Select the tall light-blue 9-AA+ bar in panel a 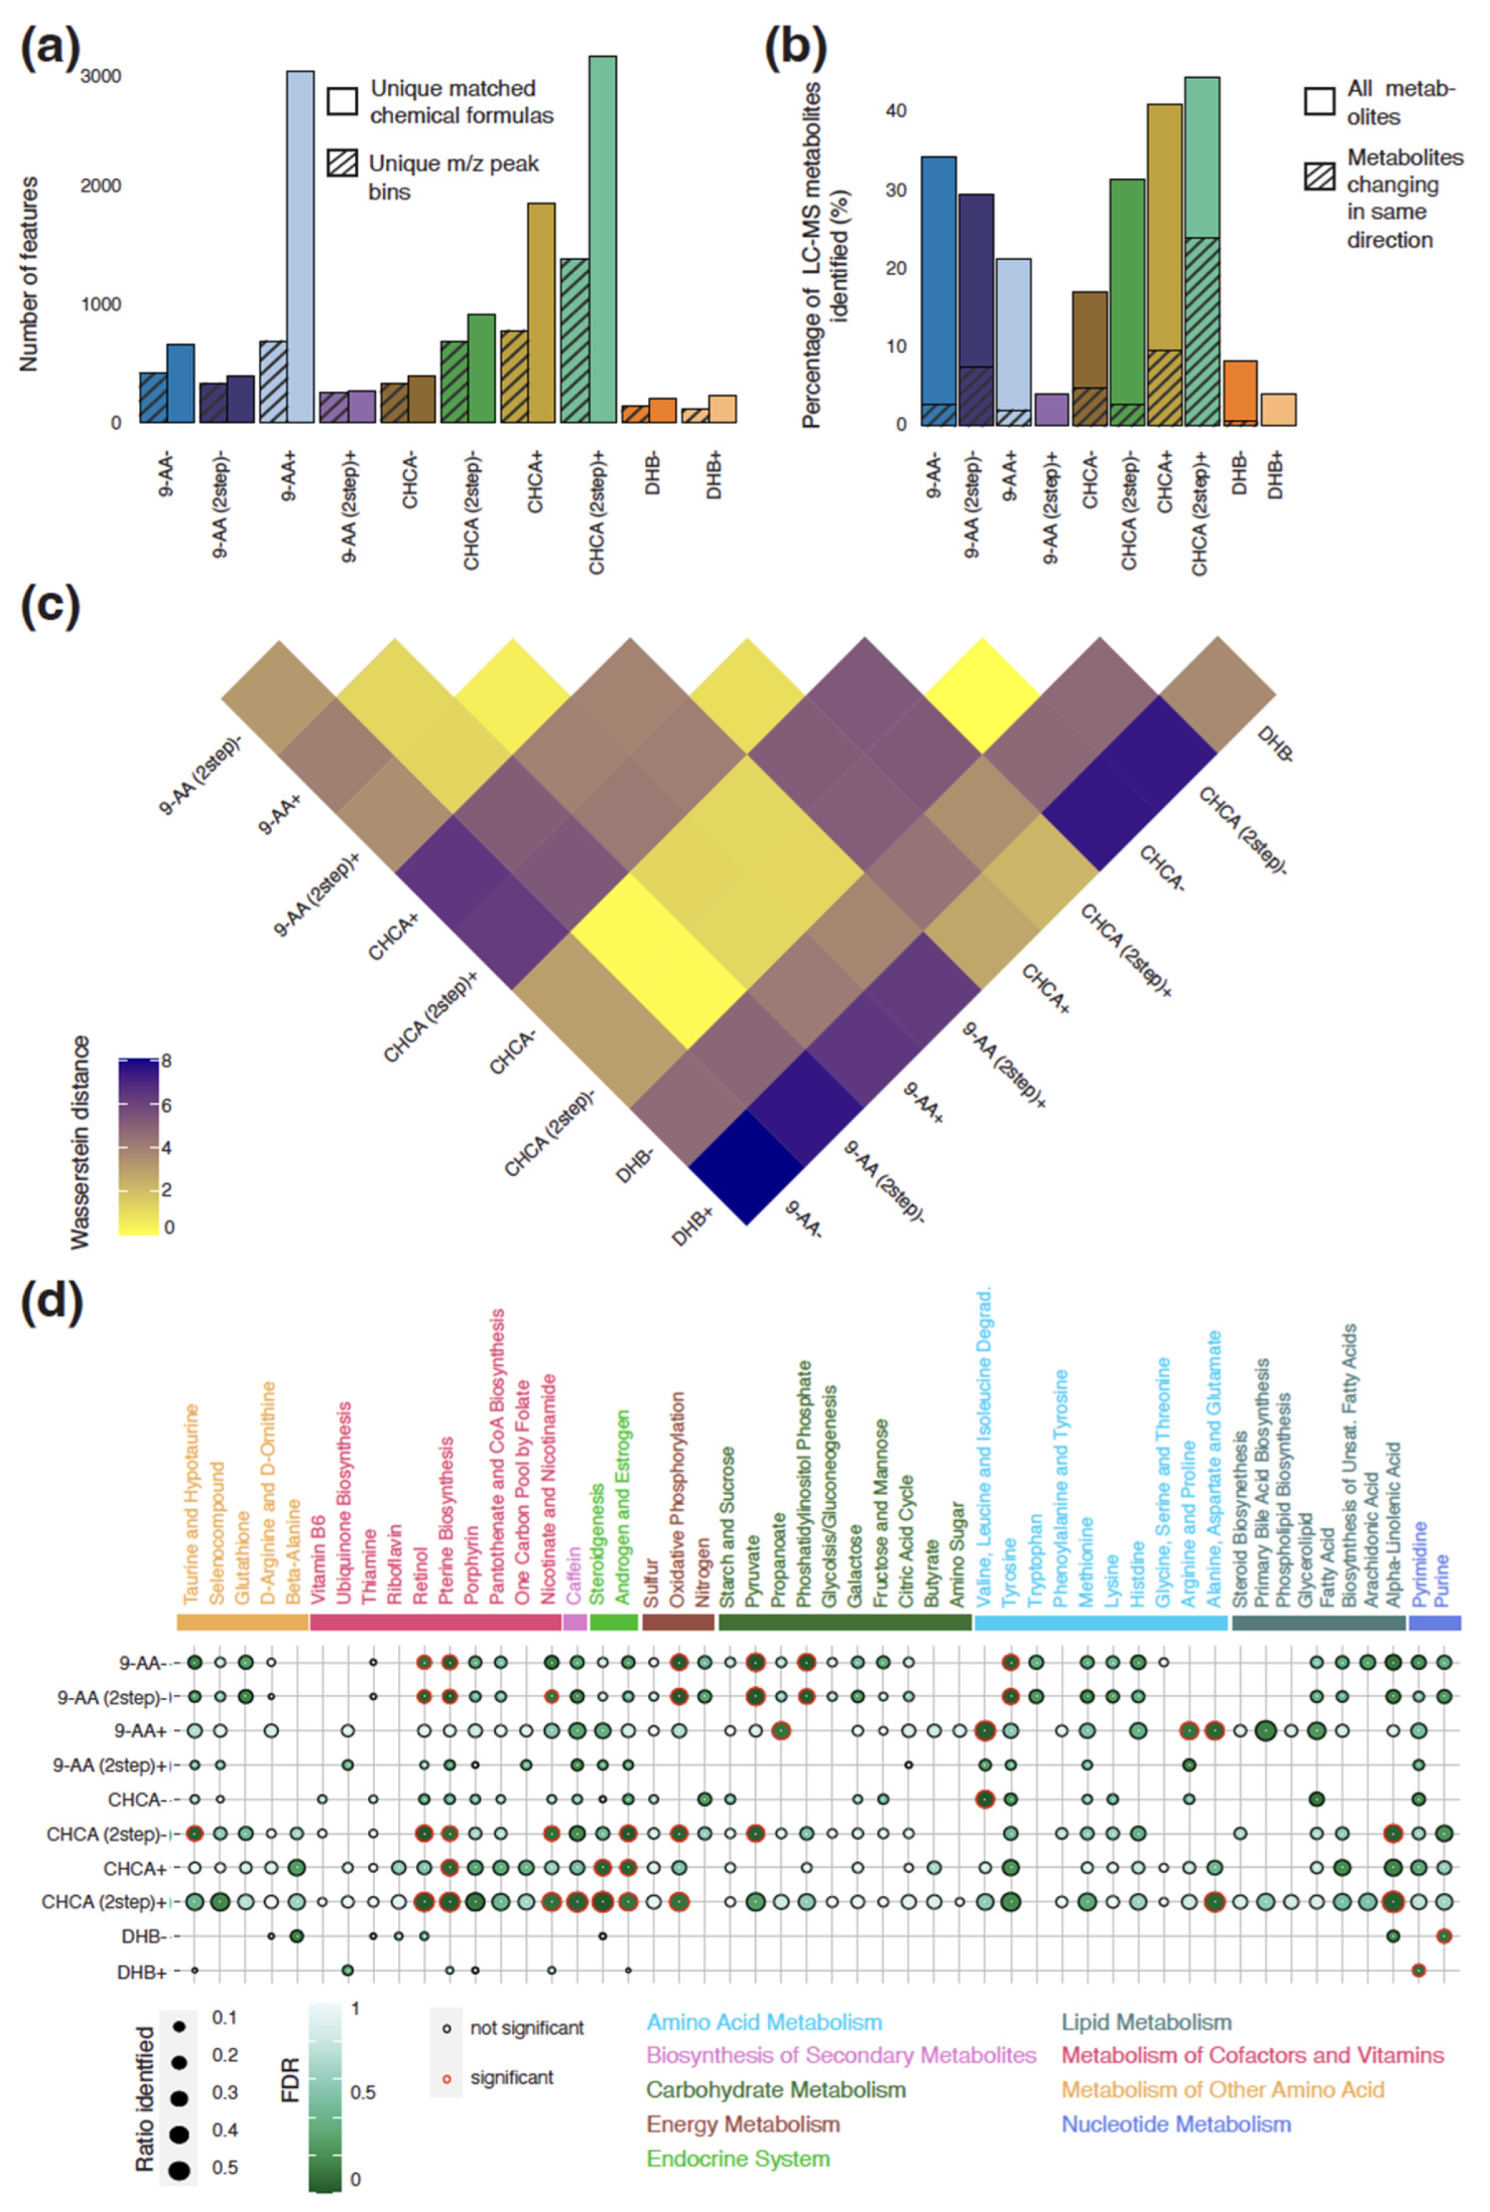click(300, 247)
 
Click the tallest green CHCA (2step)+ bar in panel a click(602, 238)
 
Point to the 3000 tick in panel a click(101, 76)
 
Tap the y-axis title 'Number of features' click(29, 274)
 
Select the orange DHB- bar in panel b click(1240, 392)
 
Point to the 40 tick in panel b click(895, 110)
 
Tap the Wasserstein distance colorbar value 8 click(166, 1061)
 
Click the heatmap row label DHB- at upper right click(1274, 745)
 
